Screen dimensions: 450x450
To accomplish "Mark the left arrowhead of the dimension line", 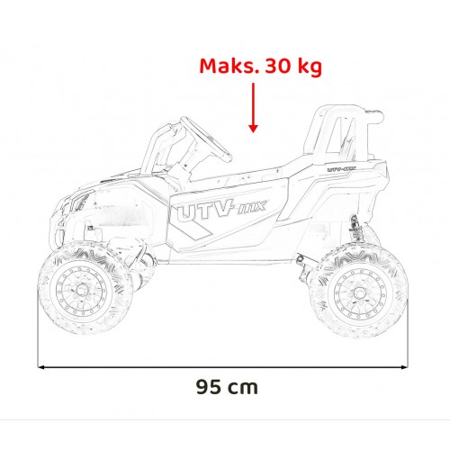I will coord(41,366).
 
